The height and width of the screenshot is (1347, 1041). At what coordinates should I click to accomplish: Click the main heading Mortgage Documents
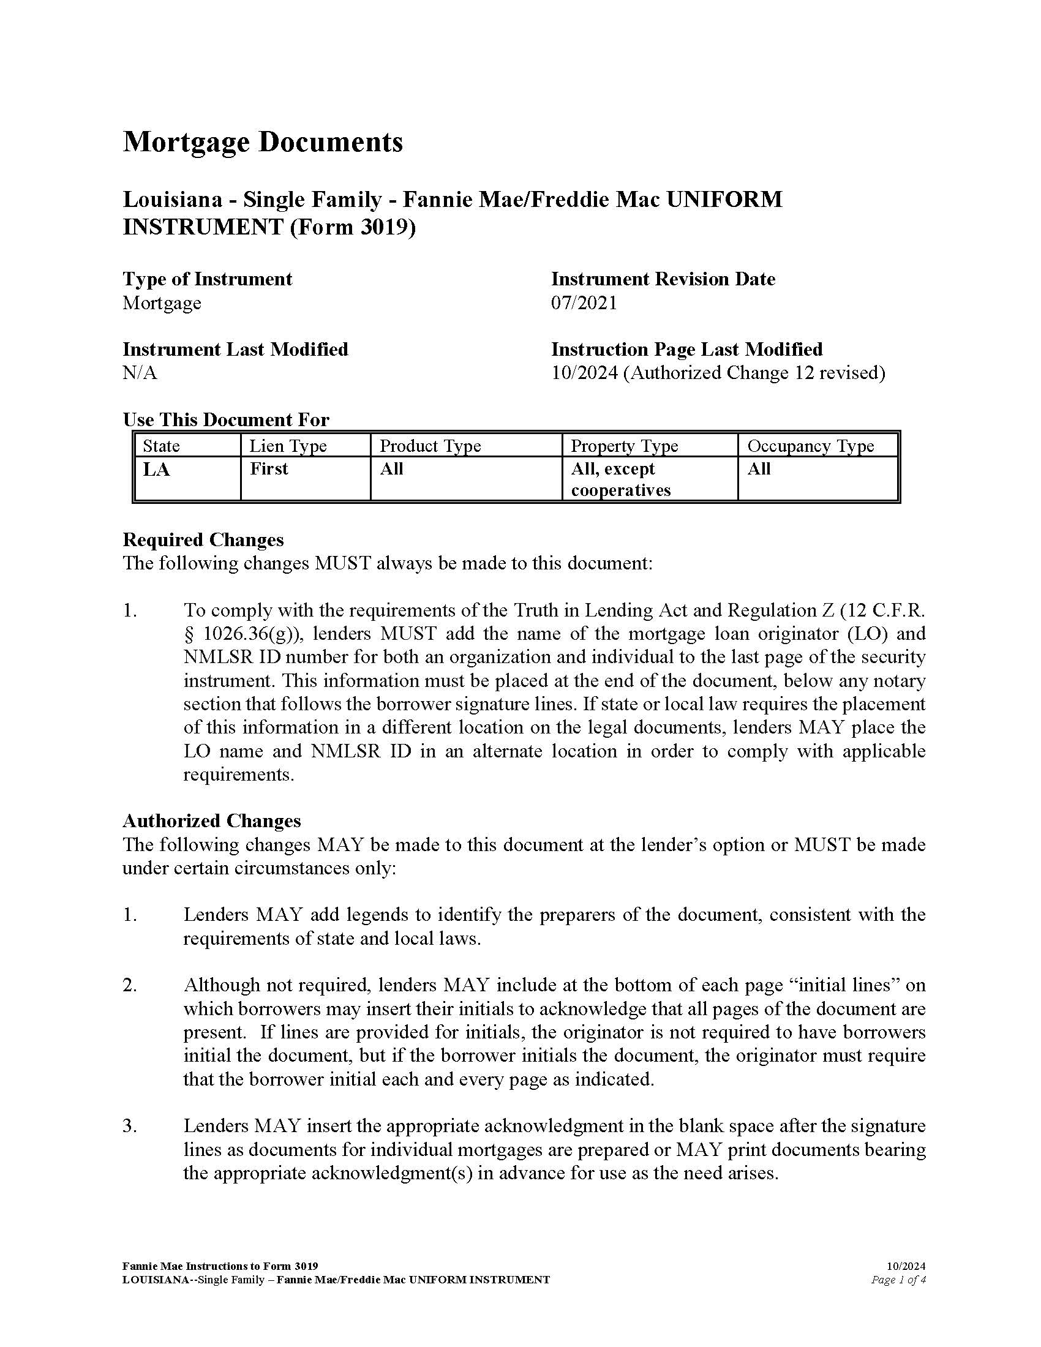[x=263, y=142]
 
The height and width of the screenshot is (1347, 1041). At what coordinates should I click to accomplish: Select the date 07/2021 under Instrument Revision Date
[x=584, y=303]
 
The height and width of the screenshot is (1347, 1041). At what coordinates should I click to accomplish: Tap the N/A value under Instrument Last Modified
[x=140, y=373]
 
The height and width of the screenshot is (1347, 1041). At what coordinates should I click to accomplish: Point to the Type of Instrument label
[x=207, y=279]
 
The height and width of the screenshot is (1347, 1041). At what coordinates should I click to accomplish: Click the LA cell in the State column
[x=156, y=470]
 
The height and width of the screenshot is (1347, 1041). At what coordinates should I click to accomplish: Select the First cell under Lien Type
[x=269, y=469]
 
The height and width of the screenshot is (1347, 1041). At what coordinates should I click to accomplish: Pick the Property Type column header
[x=623, y=445]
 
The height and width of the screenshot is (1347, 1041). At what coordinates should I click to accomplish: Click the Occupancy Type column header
[x=810, y=445]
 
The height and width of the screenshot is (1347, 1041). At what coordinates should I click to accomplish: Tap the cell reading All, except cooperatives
[x=620, y=479]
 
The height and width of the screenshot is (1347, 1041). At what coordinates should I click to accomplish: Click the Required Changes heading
[x=203, y=539]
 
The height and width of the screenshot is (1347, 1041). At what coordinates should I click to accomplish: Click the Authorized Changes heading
[x=211, y=821]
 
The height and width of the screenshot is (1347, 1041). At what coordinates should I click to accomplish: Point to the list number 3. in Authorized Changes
[x=129, y=1126]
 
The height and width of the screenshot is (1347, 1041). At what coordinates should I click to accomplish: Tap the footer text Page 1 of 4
[x=898, y=1280]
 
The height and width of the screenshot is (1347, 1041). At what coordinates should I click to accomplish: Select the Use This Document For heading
[x=226, y=420]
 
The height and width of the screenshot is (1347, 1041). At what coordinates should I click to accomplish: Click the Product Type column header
[x=430, y=445]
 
